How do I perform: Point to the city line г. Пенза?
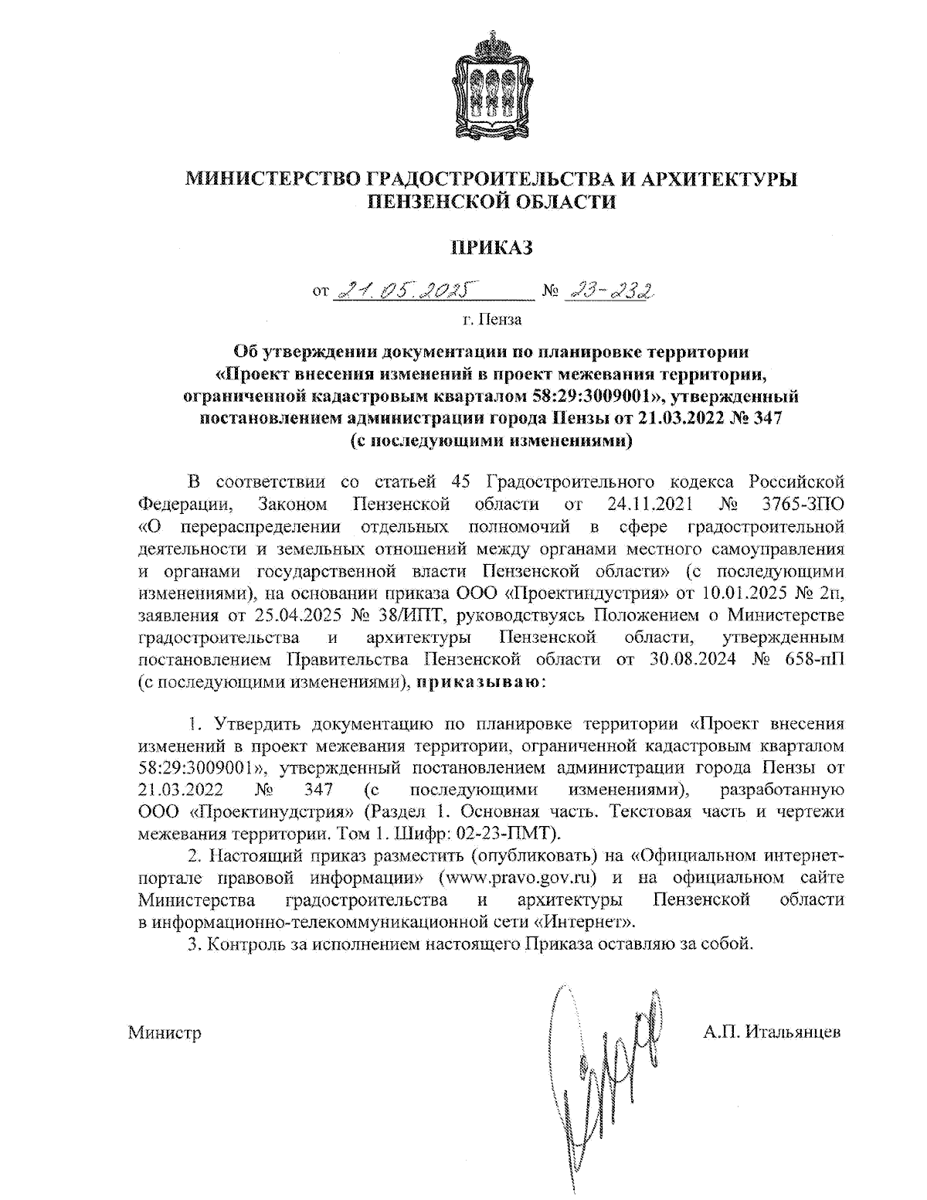(x=491, y=318)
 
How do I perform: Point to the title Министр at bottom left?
(x=165, y=1032)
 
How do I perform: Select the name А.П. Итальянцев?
(x=772, y=1032)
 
